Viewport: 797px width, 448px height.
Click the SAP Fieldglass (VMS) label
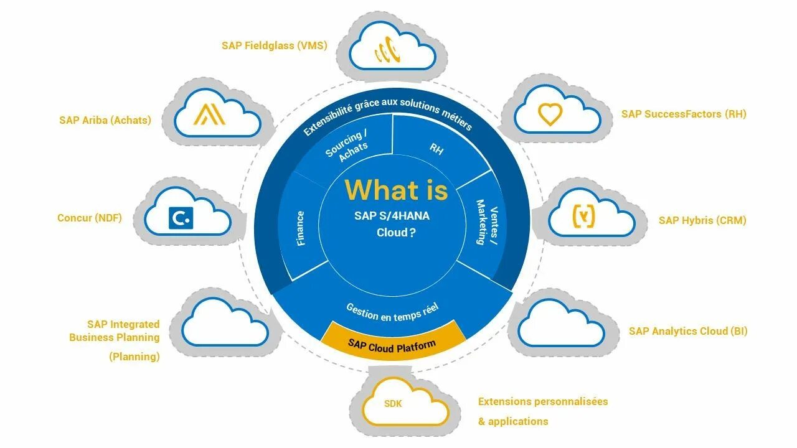coord(274,45)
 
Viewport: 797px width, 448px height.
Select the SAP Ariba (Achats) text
coord(105,120)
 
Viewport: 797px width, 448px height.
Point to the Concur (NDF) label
coord(90,218)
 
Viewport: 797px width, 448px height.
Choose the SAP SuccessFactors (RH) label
coord(684,114)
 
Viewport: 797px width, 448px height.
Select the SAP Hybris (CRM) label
coord(702,220)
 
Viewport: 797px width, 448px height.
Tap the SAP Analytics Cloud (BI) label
coord(688,331)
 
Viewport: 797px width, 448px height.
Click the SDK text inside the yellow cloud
coord(393,404)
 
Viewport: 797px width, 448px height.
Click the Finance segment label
coord(301,228)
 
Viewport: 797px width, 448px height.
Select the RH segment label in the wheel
coord(436,149)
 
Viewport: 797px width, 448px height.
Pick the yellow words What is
coord(396,190)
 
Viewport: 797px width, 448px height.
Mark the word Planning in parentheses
coord(134,357)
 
